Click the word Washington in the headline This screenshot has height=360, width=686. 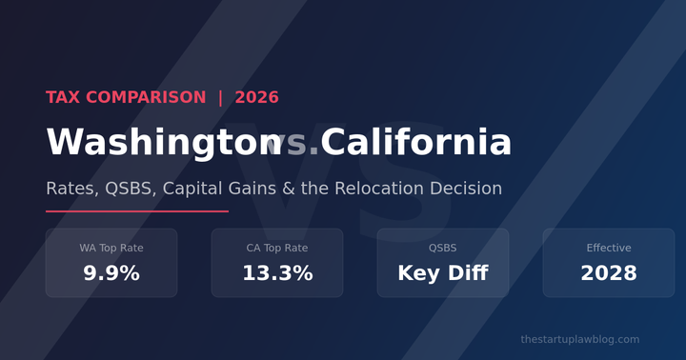[157, 143]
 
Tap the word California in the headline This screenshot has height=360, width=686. [416, 143]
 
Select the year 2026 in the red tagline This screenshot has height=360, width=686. [256, 97]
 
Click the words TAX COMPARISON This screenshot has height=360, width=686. [126, 97]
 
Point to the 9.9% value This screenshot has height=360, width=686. [111, 273]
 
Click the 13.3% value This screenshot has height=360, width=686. [277, 273]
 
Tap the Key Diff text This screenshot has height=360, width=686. [443, 273]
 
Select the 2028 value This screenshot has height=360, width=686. [609, 273]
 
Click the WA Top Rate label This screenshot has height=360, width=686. [111, 248]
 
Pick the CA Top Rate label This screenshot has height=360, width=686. [277, 248]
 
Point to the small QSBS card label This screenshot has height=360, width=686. [443, 248]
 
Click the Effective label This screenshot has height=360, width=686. [609, 248]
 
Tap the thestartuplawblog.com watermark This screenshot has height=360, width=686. [580, 339]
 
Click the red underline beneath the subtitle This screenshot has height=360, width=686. [137, 211]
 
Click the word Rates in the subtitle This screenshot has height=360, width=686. [71, 189]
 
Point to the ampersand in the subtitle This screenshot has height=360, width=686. [288, 189]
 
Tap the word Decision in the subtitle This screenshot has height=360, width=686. [466, 189]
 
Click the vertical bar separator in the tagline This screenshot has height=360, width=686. [220, 97]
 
